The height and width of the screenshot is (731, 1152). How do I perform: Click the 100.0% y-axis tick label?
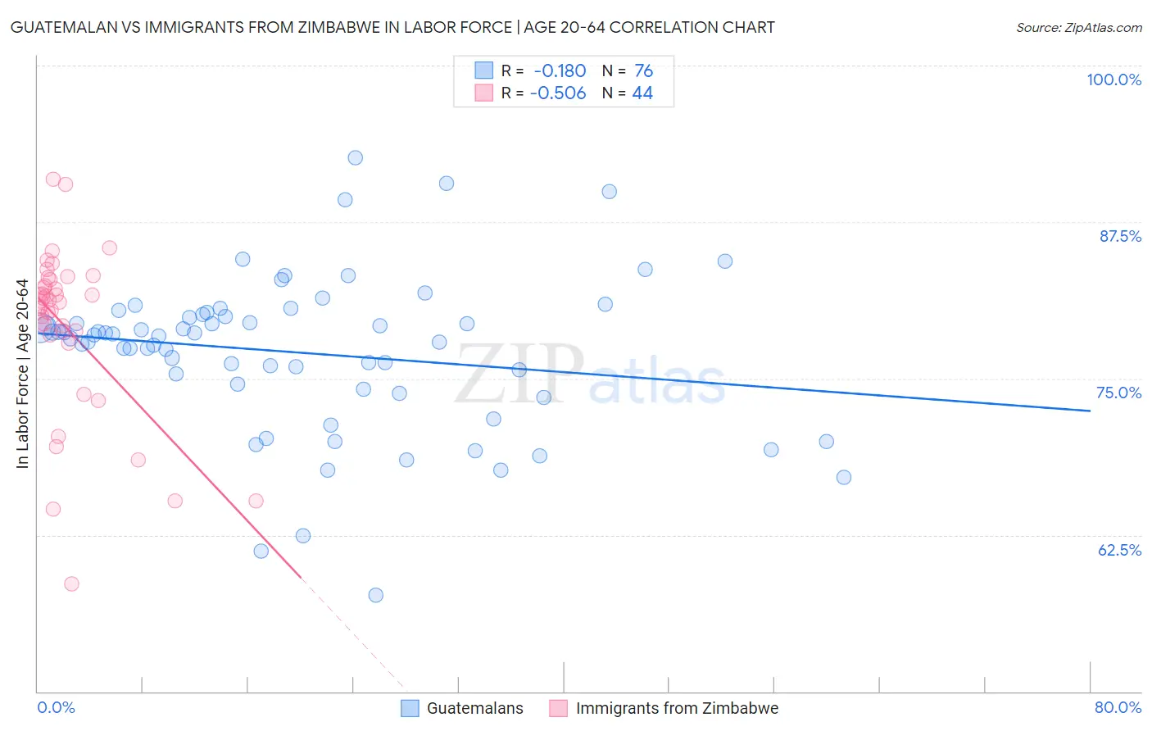point(1113,79)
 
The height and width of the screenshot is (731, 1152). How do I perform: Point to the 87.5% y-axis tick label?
point(1119,236)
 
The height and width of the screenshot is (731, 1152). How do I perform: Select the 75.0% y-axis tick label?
point(1118,393)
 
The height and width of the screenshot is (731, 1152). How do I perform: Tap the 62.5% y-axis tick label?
point(1119,550)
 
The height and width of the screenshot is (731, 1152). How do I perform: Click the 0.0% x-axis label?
point(56,707)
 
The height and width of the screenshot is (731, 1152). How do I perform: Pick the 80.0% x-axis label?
point(1118,707)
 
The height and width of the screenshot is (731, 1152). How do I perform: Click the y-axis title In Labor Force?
point(23,374)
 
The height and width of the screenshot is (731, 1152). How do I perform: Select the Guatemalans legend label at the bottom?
point(474,708)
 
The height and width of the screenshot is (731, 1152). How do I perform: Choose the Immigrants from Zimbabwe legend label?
point(677,708)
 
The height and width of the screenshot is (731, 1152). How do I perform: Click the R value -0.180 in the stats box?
point(560,70)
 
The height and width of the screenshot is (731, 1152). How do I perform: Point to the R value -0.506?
point(558,93)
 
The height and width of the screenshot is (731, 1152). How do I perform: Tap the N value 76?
point(643,70)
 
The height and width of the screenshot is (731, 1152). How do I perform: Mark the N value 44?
point(642,93)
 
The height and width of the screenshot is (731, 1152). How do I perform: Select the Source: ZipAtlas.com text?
point(1078,27)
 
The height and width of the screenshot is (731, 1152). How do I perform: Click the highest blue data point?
point(355,157)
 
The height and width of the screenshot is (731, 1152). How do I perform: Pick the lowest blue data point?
point(375,595)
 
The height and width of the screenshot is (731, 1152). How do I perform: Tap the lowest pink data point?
point(71,584)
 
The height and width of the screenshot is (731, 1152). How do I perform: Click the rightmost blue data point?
point(844,477)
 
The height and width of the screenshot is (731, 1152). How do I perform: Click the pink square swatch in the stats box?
point(484,93)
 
